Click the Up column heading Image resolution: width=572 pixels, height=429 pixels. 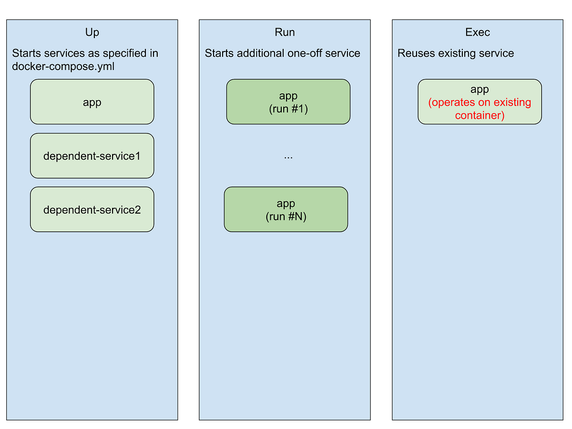pos(92,32)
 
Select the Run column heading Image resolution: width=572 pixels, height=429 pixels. pos(285,32)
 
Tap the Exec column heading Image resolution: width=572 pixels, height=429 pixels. pos(477,32)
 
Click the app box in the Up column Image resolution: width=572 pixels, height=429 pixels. pos(92,102)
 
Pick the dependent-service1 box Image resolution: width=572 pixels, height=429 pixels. pos(92,156)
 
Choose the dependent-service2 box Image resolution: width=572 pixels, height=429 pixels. pos(92,210)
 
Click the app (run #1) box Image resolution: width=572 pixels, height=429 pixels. pos(288,102)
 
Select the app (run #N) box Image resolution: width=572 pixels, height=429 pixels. pos(286,210)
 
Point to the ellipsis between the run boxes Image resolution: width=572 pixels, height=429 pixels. pos(288,157)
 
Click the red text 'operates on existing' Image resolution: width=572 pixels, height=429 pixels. pos(480,102)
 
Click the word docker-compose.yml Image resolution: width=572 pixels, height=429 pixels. pos(63,66)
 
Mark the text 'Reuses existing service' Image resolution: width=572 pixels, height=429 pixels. pos(456,53)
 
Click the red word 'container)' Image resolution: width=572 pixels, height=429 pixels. pos(480,115)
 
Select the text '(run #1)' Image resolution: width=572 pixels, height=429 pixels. pos(288,109)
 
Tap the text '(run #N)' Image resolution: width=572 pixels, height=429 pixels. pos(286,217)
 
